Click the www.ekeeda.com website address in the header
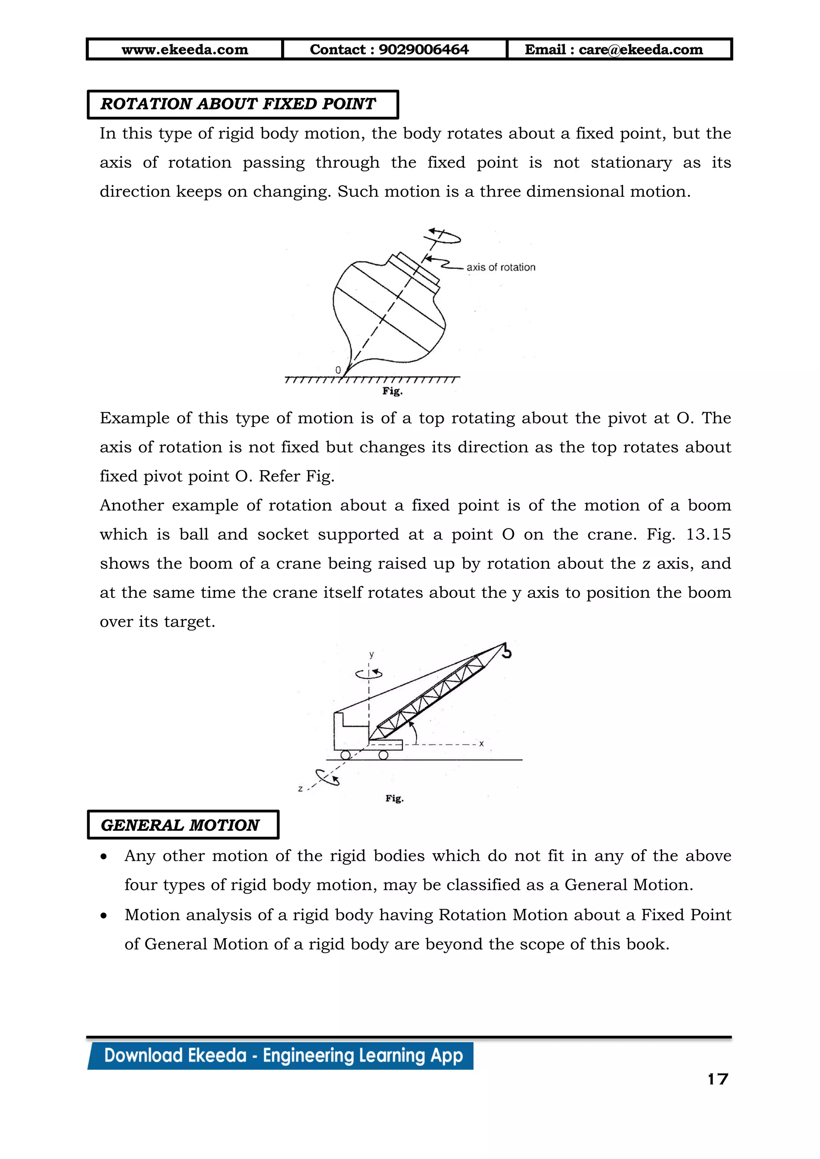185,50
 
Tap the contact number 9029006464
423,50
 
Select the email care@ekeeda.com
640,50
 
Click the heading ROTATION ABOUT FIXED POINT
238,104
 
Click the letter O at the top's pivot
338,370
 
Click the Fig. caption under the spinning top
392,391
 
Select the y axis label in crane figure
371,654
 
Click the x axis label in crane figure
481,744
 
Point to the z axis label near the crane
300,788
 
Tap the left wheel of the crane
346,755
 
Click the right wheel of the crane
383,755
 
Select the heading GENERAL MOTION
180,825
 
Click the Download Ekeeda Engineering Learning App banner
283,1055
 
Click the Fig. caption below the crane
394,798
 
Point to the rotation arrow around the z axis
327,777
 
